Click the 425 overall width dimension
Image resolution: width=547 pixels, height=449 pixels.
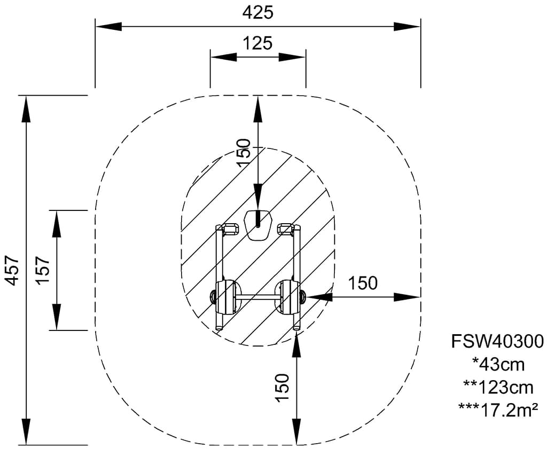tap(257, 12)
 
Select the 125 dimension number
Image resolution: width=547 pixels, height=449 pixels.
tap(257, 43)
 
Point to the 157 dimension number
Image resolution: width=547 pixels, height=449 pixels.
tap(43, 270)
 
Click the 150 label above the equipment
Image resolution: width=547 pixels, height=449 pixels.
tap(243, 153)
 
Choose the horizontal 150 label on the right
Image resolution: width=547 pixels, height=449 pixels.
tap(363, 283)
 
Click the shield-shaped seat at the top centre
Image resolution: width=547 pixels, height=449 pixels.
tap(258, 224)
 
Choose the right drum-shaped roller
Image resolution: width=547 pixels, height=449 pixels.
tap(289, 296)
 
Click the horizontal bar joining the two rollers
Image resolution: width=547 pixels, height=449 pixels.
tap(257, 296)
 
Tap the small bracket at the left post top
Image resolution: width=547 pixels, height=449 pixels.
tap(230, 229)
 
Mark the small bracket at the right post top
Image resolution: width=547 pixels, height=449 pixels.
tap(286, 229)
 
